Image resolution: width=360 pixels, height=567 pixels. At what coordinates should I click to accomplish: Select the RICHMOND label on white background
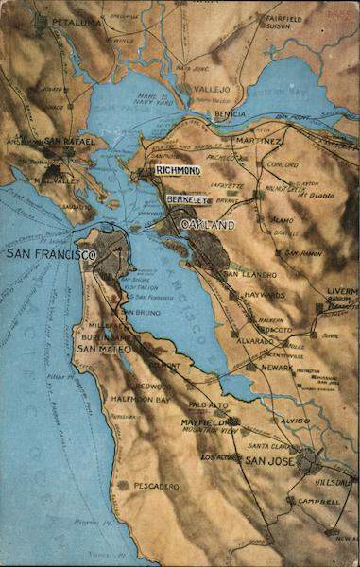coord(178,170)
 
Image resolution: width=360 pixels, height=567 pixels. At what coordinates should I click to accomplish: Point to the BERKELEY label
coord(185,200)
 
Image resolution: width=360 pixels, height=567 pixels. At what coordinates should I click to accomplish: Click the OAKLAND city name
coord(207,224)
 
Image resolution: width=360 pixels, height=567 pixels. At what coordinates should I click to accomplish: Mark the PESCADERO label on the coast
coord(156,486)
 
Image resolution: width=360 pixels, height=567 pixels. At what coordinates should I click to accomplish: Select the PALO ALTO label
coord(209,404)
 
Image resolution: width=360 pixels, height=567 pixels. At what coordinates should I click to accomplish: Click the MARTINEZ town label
coord(259,141)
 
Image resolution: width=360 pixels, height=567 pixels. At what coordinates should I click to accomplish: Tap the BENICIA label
coord(230,113)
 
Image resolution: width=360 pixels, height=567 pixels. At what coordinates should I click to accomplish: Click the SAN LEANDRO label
coord(243,274)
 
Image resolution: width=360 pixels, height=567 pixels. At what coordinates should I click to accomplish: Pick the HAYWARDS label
coord(266,295)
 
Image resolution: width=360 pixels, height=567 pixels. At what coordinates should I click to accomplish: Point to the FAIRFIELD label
coord(284,18)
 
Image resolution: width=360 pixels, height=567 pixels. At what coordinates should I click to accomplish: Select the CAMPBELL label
coord(318,501)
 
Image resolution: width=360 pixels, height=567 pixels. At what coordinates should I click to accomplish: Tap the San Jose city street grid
coord(307,460)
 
